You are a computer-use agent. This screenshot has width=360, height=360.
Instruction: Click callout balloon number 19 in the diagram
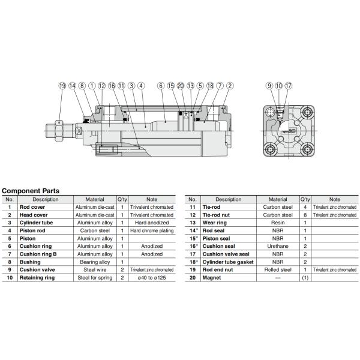coord(62,86)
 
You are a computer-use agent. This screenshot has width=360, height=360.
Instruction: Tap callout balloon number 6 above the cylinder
coord(161,86)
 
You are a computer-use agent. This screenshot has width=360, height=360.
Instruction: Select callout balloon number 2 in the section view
coord(230,86)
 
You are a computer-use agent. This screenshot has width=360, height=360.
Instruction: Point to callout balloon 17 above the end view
coord(289,86)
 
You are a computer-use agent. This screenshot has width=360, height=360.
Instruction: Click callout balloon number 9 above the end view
coord(269,86)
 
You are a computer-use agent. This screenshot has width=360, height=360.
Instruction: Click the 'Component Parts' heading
coord(31,191)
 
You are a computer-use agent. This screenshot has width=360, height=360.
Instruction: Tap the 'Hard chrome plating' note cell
coord(152,231)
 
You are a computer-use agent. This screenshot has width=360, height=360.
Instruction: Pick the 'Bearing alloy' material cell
coord(95,262)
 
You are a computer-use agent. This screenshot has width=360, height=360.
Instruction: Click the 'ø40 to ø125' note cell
coord(152,278)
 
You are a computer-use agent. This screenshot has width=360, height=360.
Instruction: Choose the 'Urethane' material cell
coord(278,247)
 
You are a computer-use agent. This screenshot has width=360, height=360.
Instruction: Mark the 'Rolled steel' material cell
coord(278,270)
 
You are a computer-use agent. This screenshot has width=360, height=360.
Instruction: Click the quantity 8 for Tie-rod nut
coord(305,215)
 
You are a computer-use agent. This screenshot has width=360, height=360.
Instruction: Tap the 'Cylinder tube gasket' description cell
coord(228,262)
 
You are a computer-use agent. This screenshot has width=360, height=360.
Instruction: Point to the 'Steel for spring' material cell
coord(95,278)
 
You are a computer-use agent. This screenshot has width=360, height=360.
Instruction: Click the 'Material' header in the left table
coord(95,200)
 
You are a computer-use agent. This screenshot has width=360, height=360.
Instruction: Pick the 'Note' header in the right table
coord(335,200)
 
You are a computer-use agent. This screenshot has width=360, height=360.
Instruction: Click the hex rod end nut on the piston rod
coord(59,131)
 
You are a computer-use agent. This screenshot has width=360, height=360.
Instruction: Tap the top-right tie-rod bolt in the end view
coord(307,113)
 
